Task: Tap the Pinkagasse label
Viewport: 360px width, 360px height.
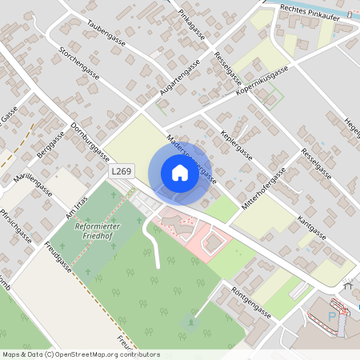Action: [x=192, y=25]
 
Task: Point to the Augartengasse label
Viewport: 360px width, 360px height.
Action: [x=178, y=81]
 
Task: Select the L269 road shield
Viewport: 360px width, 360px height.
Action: [x=121, y=171]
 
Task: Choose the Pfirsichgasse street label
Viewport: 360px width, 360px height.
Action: [x=16, y=226]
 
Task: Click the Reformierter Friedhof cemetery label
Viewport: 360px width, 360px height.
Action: [x=96, y=233]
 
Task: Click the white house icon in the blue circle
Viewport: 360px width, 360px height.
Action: [x=180, y=172]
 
